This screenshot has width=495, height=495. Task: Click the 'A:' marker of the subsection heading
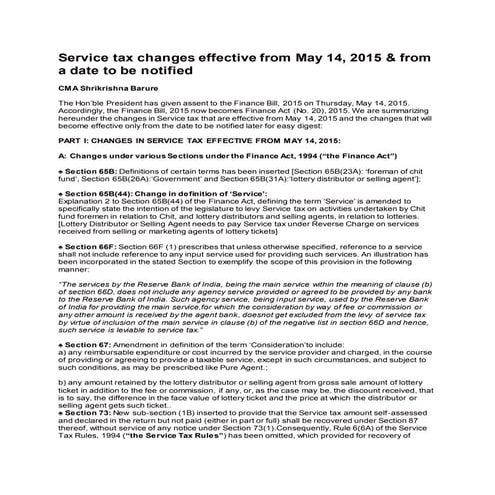(x=64, y=158)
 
